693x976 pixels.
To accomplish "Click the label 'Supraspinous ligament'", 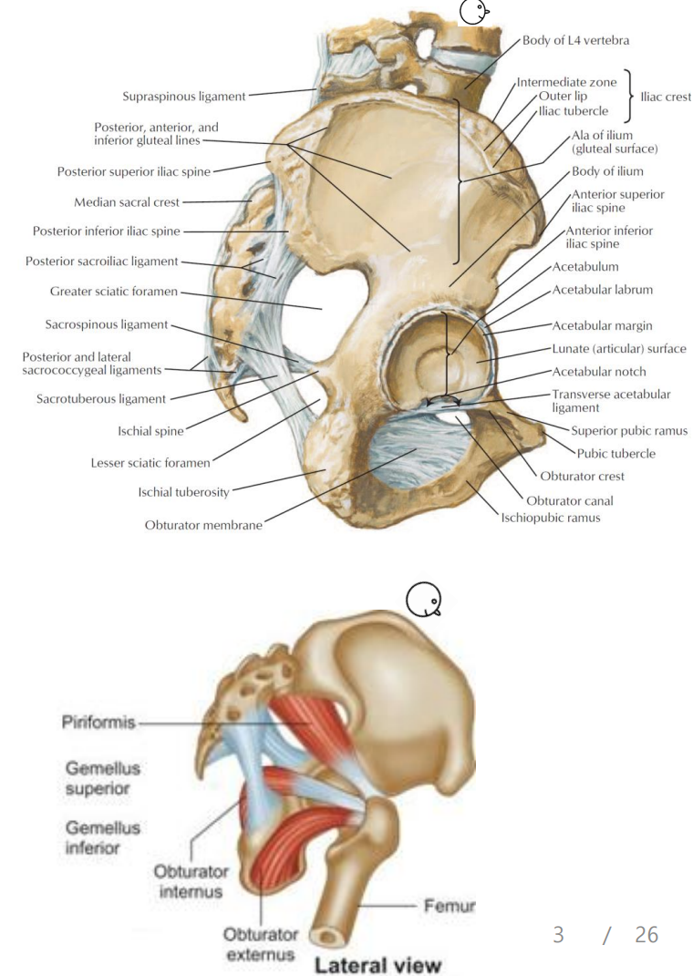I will coord(183,95).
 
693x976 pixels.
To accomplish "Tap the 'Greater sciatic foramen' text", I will coord(114,293).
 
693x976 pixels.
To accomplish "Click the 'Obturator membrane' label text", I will coord(202,527).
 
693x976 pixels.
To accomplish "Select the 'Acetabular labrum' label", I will coord(602,290).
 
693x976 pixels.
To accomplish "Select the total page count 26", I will coord(646,934).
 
